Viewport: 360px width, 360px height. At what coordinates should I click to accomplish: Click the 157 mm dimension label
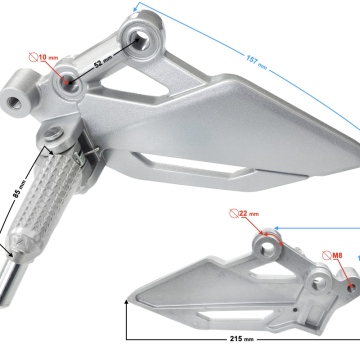coord(257,62)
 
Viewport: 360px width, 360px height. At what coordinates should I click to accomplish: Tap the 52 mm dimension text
coord(103,62)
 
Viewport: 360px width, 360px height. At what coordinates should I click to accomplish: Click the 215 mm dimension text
coord(241,339)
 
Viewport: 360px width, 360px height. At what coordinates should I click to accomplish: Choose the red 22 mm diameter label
coord(244,213)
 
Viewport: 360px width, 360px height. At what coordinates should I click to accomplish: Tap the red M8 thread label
coord(333,256)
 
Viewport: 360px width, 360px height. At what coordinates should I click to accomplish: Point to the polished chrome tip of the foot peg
coord(11,282)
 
